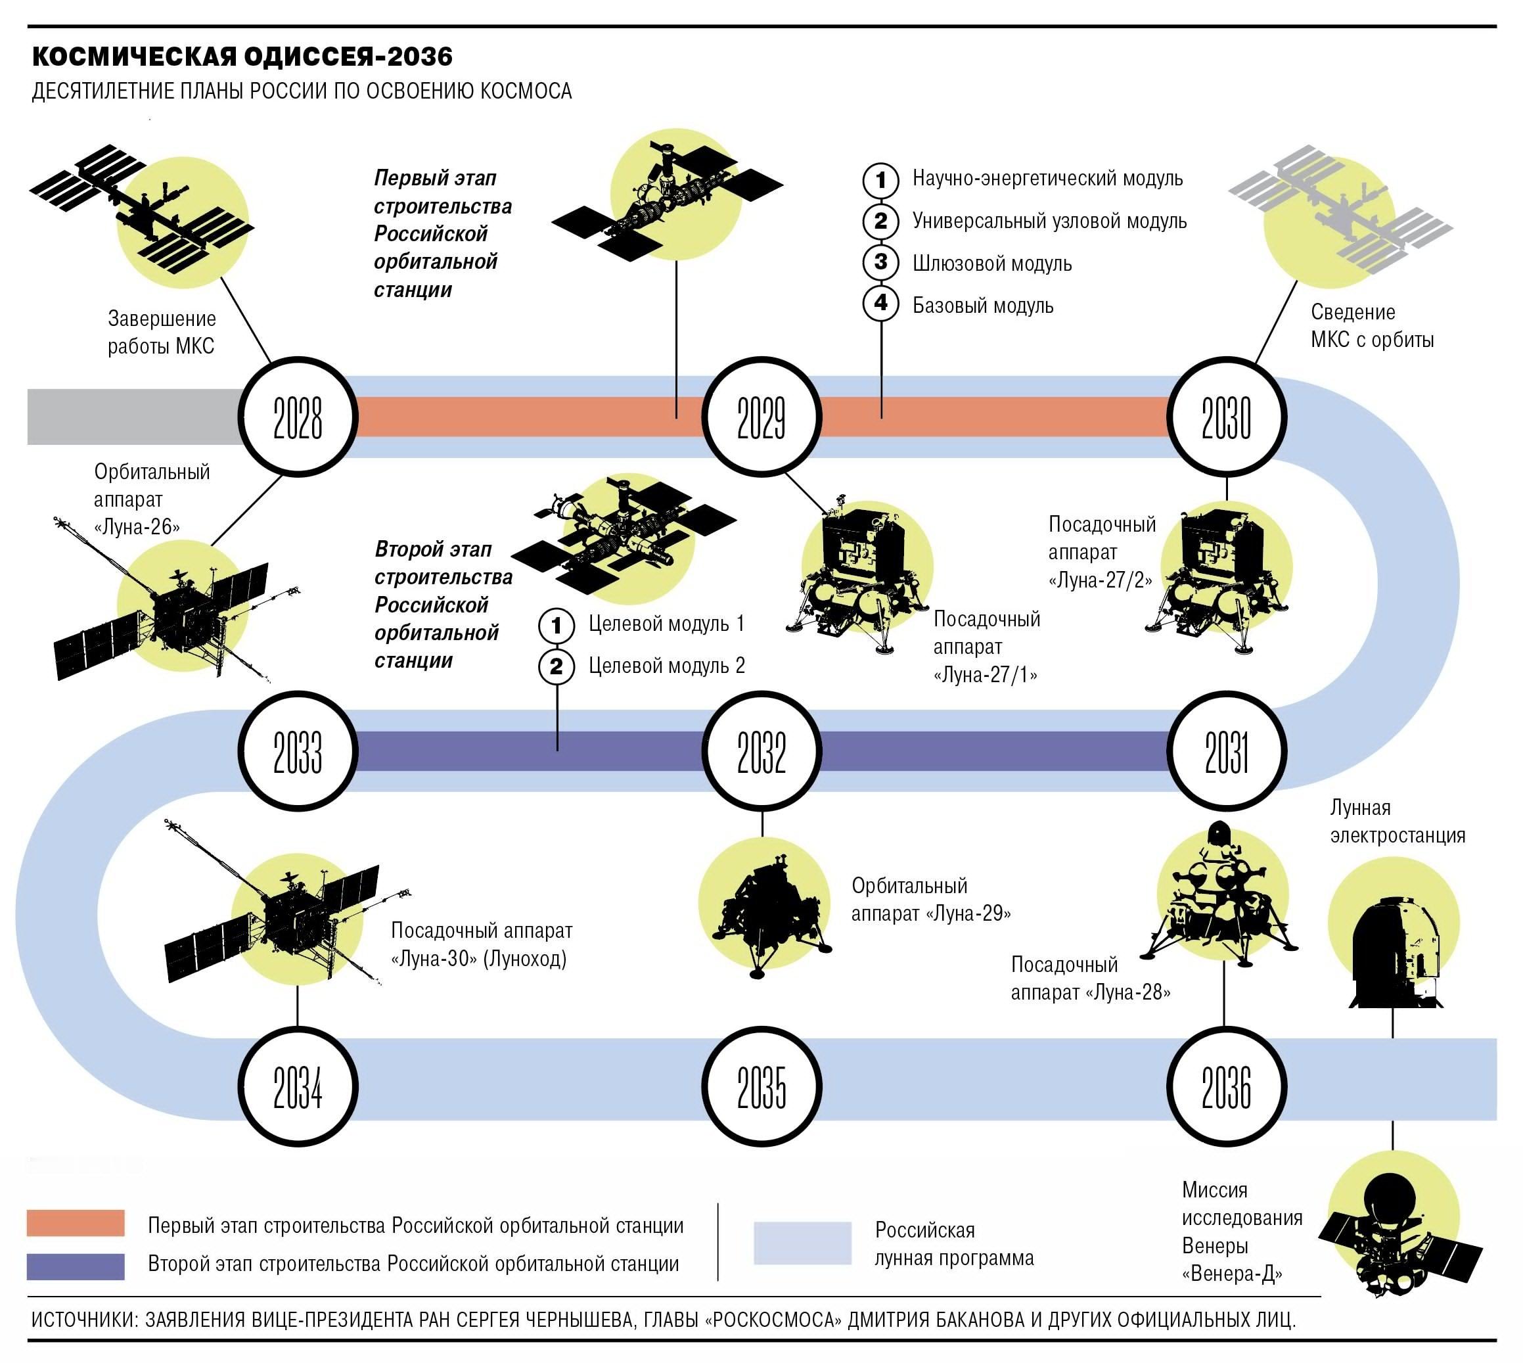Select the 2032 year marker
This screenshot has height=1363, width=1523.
761,751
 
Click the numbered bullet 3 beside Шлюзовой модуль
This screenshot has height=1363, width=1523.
880,262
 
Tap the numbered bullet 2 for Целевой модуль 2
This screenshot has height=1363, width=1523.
557,666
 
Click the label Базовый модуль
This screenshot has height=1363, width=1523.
982,306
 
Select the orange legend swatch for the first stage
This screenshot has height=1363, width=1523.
76,1223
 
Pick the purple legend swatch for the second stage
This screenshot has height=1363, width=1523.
76,1266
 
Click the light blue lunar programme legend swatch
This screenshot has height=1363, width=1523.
802,1244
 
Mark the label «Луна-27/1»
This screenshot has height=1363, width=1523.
986,675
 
